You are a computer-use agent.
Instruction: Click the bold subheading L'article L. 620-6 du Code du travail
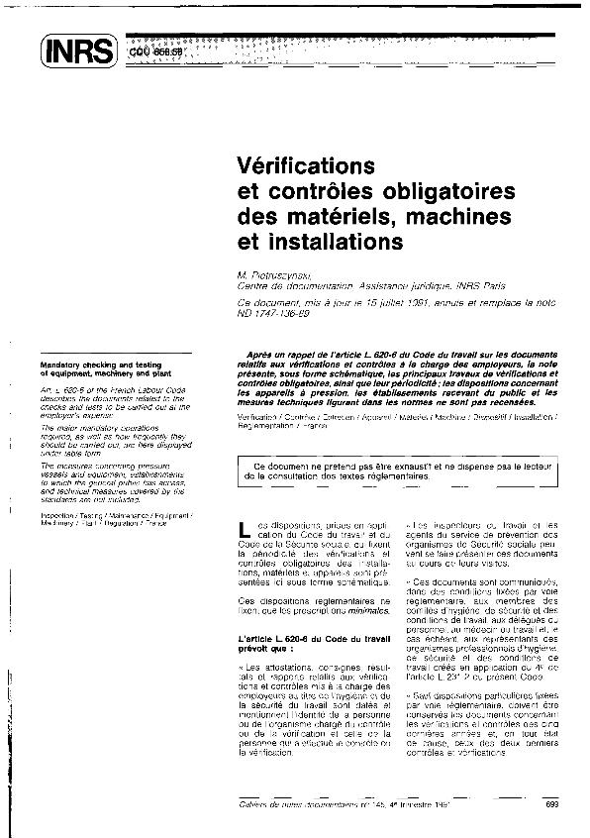(295, 639)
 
